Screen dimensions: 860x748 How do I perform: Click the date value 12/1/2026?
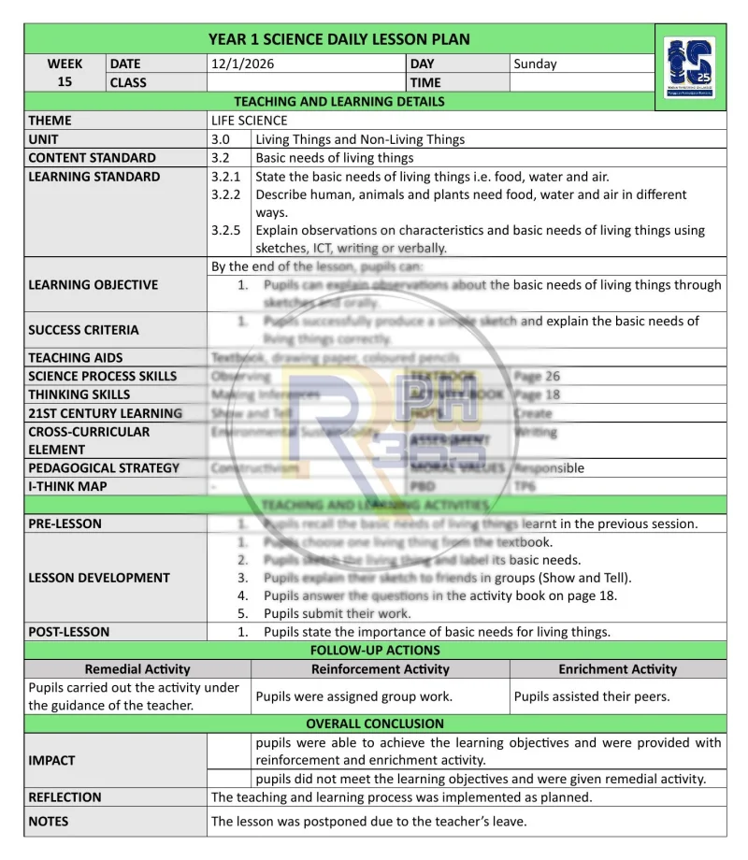tap(242, 64)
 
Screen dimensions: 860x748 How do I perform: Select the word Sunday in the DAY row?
tap(535, 64)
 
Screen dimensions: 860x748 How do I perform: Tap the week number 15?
tap(65, 81)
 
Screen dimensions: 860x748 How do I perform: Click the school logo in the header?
tap(689, 70)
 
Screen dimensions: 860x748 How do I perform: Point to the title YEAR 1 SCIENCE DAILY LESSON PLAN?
tap(338, 39)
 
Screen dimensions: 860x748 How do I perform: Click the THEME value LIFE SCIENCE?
tap(250, 121)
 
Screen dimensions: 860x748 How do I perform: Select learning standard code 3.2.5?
tap(226, 231)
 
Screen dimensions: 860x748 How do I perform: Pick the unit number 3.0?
tap(221, 139)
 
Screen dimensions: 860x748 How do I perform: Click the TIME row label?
tap(425, 82)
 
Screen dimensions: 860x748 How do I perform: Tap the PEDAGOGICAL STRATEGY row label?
tap(104, 467)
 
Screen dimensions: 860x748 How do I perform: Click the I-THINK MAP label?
tap(67, 486)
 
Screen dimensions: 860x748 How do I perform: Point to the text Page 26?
tap(538, 376)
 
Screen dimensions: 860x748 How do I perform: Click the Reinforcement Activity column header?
tap(380, 669)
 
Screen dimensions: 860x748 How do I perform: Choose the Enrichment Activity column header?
tap(617, 669)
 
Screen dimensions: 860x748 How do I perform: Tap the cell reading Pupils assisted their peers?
tap(591, 696)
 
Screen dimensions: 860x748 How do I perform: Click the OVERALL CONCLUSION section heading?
tap(375, 724)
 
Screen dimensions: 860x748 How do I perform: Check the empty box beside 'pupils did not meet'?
tap(230, 779)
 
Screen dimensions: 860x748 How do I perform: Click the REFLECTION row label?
tap(65, 797)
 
